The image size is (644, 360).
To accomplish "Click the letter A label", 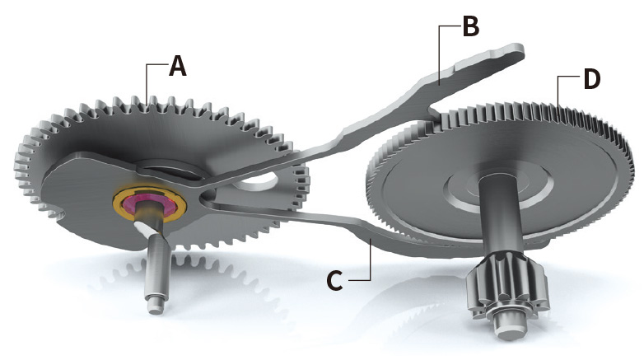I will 177,67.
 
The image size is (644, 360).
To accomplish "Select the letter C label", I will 334,280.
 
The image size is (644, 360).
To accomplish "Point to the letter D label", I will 591,80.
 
